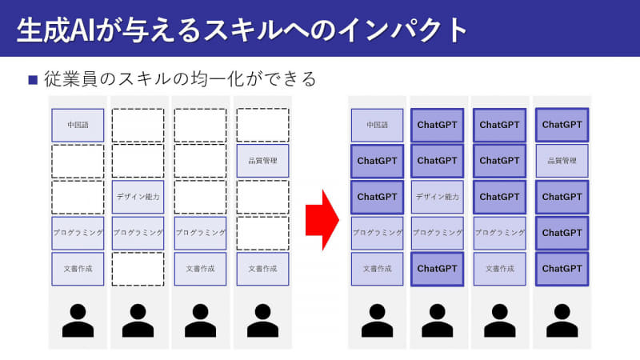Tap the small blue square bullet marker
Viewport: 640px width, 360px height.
tap(33, 79)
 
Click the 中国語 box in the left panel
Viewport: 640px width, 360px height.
tap(78, 125)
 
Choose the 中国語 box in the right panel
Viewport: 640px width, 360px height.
tap(377, 125)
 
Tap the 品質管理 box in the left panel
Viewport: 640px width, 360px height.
tap(262, 161)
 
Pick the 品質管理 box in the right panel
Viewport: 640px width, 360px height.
tap(562, 161)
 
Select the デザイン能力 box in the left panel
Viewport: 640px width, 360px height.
tap(138, 197)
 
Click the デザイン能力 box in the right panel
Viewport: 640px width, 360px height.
tap(438, 197)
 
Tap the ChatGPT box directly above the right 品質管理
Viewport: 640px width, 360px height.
tap(562, 125)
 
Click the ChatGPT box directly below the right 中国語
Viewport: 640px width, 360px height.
tap(377, 161)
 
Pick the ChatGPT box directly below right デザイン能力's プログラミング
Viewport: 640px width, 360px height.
tap(438, 269)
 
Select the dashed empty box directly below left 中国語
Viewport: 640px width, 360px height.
tap(78, 161)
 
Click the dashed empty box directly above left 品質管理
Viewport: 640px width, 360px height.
tap(262, 125)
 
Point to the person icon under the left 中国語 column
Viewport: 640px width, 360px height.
tap(78, 319)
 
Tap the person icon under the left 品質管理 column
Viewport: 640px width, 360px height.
tap(262, 319)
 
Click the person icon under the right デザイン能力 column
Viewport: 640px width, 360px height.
tap(438, 319)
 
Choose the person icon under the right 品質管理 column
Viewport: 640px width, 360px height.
tap(562, 319)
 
